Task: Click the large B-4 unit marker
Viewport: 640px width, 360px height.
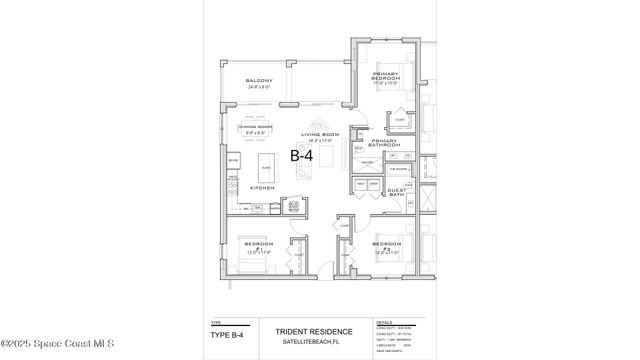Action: pos(303,156)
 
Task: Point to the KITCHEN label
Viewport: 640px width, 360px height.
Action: pos(262,187)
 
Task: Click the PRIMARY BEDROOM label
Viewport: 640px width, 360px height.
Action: pos(387,79)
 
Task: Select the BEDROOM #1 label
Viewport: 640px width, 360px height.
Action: pos(260,246)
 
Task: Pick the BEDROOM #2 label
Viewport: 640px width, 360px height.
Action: pos(386,246)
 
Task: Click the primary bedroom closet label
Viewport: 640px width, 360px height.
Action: pos(400,119)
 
